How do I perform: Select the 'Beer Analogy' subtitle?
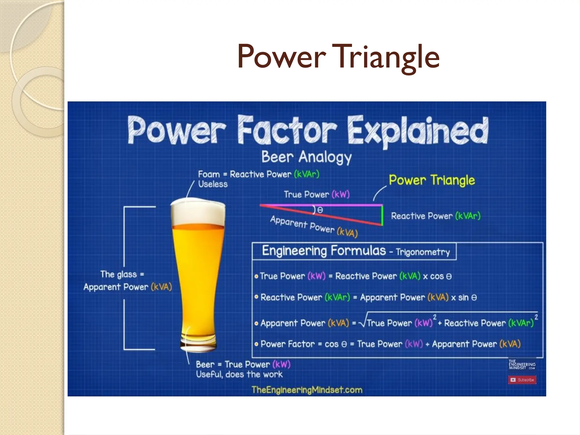pyautogui.click(x=306, y=157)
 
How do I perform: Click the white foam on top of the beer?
pyautogui.click(x=198, y=211)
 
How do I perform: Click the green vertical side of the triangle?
pyautogui.click(x=382, y=215)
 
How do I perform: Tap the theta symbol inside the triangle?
pyautogui.click(x=320, y=210)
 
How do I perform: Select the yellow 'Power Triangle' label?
pyautogui.click(x=432, y=180)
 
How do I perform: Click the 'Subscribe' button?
pyautogui.click(x=522, y=380)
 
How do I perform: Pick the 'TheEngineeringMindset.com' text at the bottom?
pyautogui.click(x=307, y=390)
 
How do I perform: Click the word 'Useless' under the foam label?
pyautogui.click(x=213, y=184)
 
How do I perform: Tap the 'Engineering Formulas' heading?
pyautogui.click(x=324, y=251)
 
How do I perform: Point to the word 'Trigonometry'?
pyautogui.click(x=423, y=252)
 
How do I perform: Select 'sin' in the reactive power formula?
pyautogui.click(x=463, y=297)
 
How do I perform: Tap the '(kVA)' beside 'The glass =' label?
pyautogui.click(x=161, y=287)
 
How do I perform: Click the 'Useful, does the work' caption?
pyautogui.click(x=239, y=374)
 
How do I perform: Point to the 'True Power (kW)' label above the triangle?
pyautogui.click(x=317, y=195)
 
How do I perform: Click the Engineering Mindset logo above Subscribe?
pyautogui.click(x=522, y=364)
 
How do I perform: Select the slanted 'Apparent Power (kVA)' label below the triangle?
pyautogui.click(x=314, y=226)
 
